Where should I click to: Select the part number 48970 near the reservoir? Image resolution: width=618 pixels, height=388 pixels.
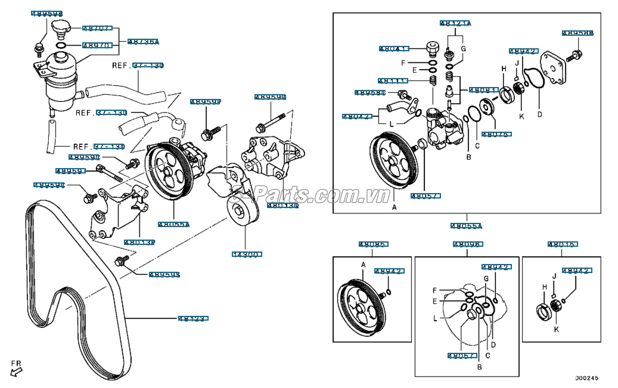[x=96, y=45]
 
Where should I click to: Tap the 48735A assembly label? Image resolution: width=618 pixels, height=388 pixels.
[x=143, y=42]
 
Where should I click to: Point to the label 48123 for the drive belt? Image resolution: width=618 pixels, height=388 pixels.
[x=192, y=319]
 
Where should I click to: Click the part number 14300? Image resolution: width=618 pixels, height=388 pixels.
[x=246, y=254]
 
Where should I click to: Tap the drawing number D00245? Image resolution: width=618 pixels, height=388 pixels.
[x=586, y=378]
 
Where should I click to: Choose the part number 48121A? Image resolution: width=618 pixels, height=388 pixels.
[x=455, y=24]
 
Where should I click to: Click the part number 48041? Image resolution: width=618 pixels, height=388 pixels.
[x=394, y=49]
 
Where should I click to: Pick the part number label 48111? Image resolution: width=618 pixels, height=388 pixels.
[x=393, y=80]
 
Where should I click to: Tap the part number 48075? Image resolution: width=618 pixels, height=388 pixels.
[x=496, y=135]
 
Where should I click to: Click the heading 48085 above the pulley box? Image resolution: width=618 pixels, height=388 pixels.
[x=372, y=244]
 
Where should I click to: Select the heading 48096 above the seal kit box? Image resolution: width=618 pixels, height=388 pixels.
[x=468, y=244]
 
